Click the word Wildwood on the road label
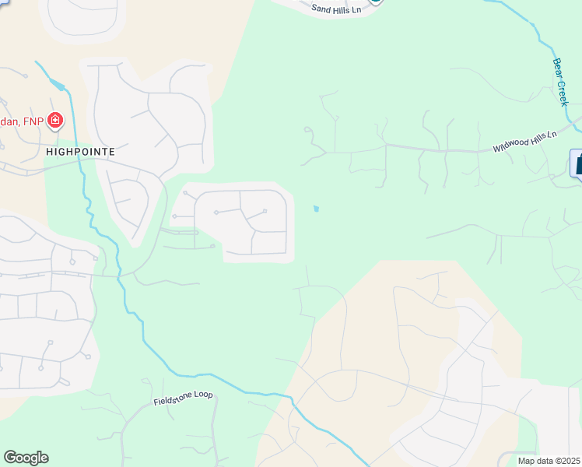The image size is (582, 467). point(510,146)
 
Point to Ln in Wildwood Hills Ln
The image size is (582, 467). point(552,135)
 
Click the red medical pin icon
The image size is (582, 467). point(55,120)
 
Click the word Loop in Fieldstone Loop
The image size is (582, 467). point(202,395)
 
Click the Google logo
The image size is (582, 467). point(26,458)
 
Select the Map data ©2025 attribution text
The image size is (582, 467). point(549,461)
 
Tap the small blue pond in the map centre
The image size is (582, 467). point(315,209)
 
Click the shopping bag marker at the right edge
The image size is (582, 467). point(577,164)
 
